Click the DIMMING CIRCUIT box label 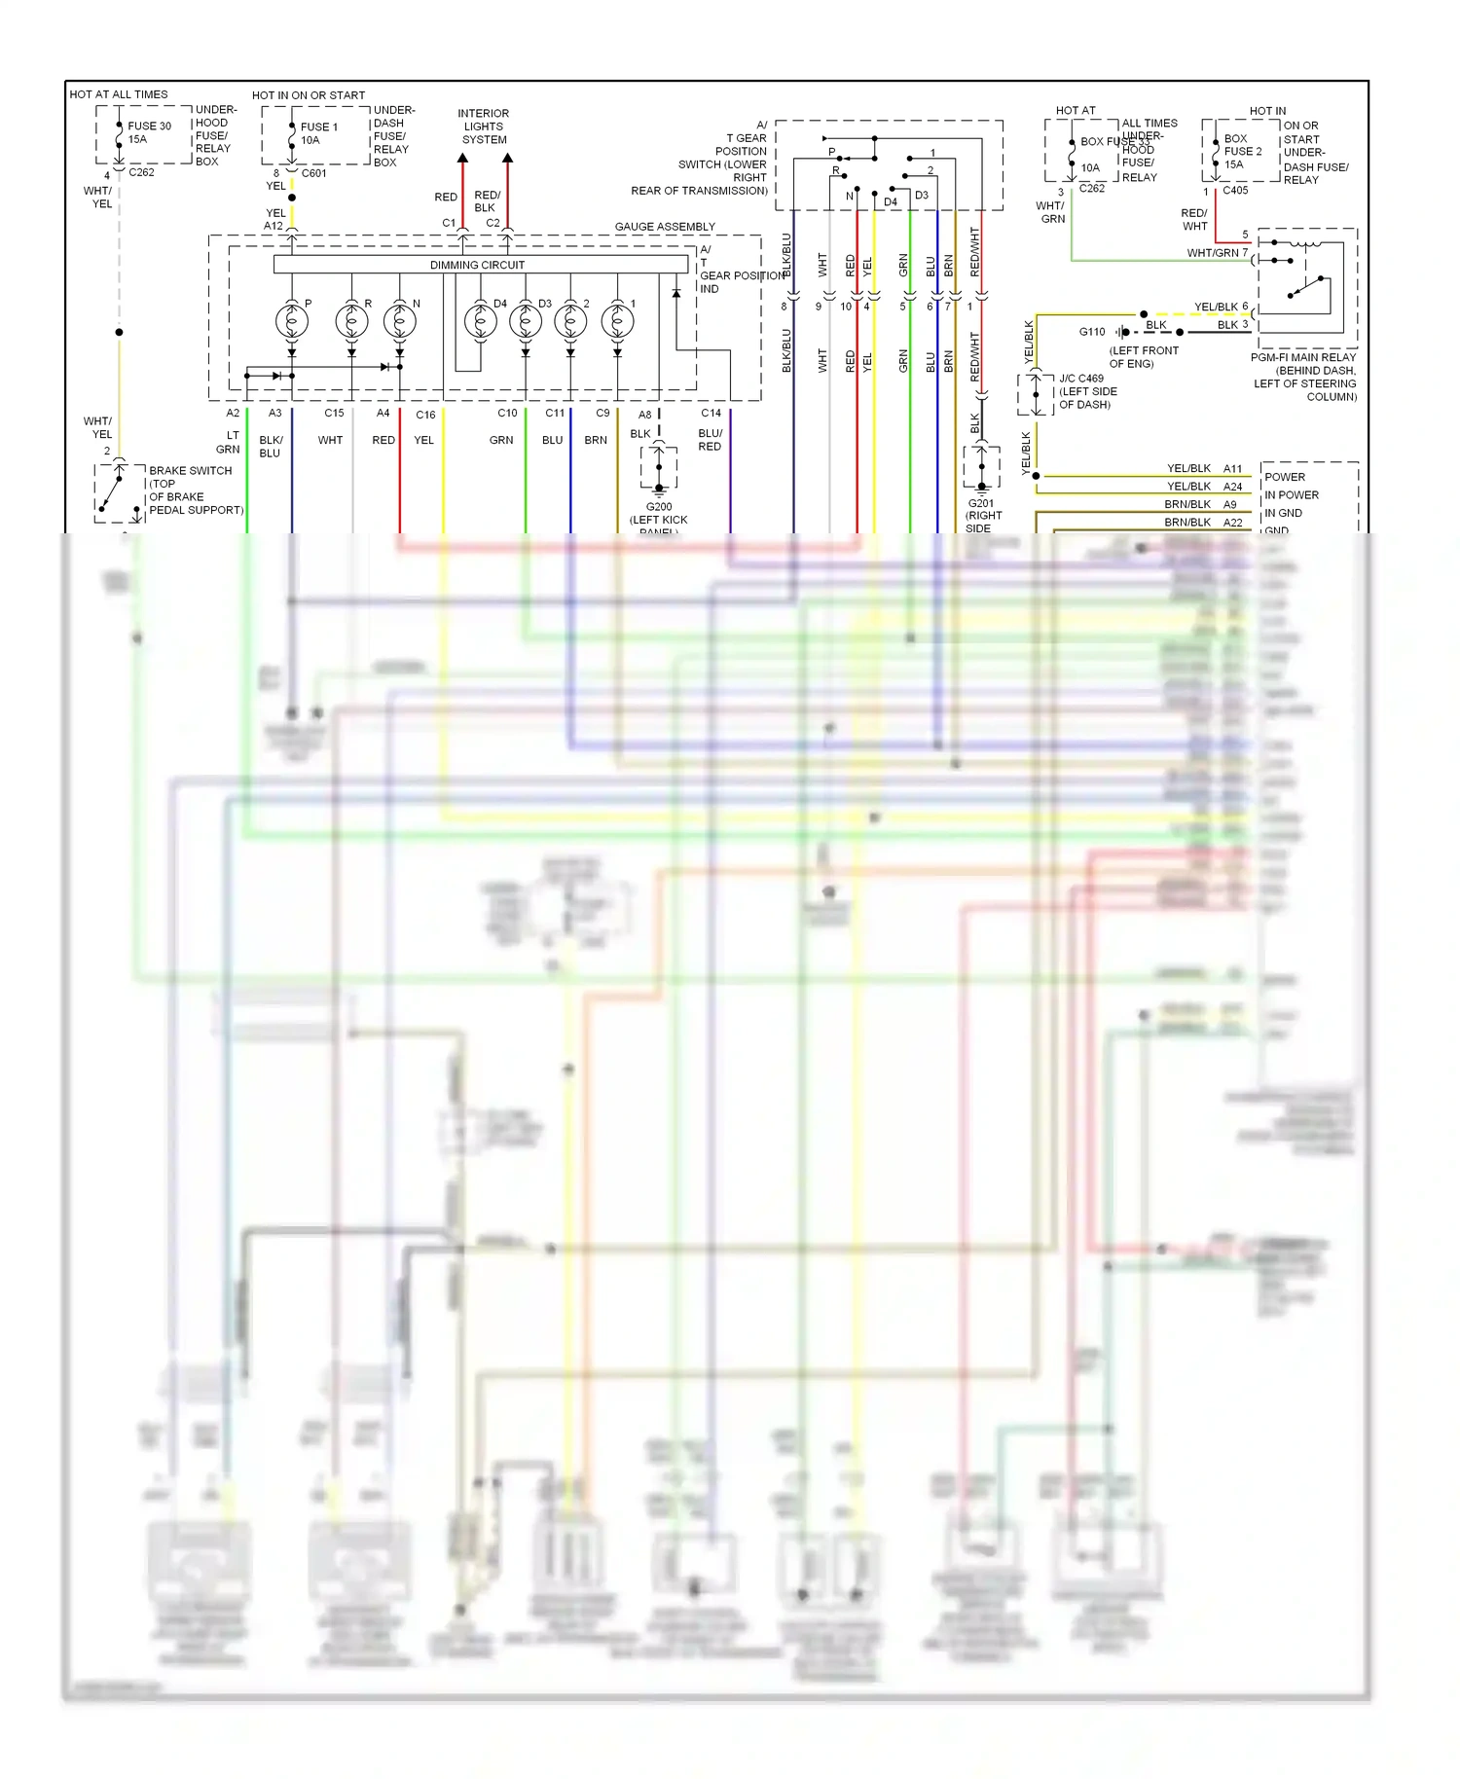(x=477, y=265)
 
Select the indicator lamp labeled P (x=291, y=320)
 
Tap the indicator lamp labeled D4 (x=479, y=320)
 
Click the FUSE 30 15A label (x=149, y=132)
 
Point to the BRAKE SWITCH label (x=191, y=471)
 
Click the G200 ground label (x=659, y=507)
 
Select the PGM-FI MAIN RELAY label (x=1303, y=358)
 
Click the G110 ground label (x=1092, y=332)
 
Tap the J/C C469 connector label (x=1081, y=379)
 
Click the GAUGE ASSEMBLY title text (x=665, y=227)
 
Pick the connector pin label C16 (x=425, y=415)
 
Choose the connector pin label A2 (x=233, y=414)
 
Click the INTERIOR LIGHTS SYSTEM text (x=484, y=127)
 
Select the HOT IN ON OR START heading (x=309, y=95)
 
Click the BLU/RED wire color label (x=711, y=440)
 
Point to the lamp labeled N (x=399, y=320)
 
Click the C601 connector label (x=314, y=174)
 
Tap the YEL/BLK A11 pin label (x=1204, y=469)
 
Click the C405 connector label (x=1235, y=191)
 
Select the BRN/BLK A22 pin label (x=1203, y=523)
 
